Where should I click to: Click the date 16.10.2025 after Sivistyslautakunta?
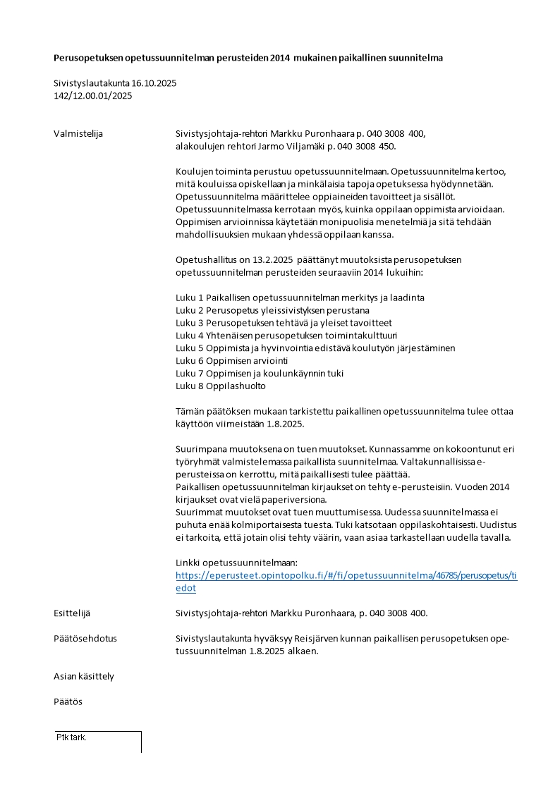[154, 83]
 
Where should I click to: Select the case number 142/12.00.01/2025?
[92, 96]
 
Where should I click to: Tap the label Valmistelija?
[78, 134]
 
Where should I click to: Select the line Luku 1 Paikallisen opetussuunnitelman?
[300, 298]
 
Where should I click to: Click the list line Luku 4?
[291, 336]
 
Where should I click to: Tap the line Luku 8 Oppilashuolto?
[221, 386]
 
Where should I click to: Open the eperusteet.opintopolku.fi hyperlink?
[346, 575]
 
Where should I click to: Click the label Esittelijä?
[73, 613]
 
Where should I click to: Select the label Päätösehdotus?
[85, 639]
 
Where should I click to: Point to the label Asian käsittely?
[84, 677]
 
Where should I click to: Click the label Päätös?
[68, 702]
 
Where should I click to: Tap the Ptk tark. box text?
[71, 737]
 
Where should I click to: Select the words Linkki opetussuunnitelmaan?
[236, 563]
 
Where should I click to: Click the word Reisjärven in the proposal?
[327, 639]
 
